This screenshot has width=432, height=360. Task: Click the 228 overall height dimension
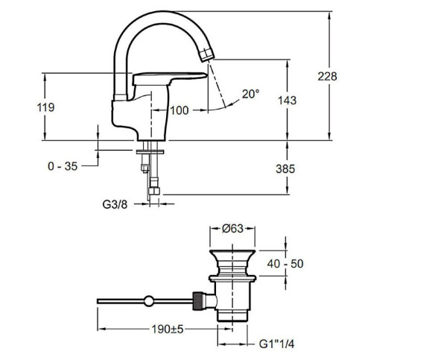(327, 76)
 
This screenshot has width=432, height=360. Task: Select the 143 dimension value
(287, 101)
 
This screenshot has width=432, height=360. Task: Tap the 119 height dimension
(45, 107)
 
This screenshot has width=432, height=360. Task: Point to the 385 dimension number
(285, 169)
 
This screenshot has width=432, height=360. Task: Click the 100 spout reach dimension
(180, 110)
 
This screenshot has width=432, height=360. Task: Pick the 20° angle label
(251, 94)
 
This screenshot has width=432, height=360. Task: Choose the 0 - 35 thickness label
(63, 166)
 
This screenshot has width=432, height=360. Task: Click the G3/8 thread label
(115, 204)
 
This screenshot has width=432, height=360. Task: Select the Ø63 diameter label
(233, 229)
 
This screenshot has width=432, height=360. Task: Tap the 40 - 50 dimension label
(285, 264)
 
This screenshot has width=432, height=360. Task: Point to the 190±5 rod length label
(168, 329)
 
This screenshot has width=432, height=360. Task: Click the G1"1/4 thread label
(276, 344)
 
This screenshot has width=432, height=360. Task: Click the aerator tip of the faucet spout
(207, 55)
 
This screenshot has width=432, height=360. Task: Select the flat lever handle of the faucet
(169, 78)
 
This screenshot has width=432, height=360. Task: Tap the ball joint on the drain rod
(149, 301)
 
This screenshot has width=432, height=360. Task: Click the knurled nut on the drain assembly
(198, 301)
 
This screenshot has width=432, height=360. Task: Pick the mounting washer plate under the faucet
(150, 152)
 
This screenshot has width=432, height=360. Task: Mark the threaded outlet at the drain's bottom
(232, 316)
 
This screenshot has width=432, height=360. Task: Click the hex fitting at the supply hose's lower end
(154, 191)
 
